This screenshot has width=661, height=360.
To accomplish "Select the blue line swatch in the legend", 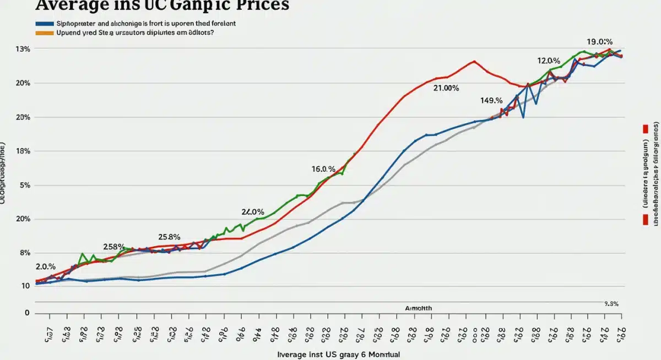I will coord(45,24).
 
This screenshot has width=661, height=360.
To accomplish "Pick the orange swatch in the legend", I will coord(45,32).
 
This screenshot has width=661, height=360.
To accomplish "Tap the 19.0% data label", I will coord(600,42).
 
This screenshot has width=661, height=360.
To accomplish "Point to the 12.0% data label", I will coord(549,61).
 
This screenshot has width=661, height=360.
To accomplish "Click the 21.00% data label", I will coord(446,88).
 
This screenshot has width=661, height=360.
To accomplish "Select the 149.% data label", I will coord(491,101).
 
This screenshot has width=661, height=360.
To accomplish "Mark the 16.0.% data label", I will coord(323,169).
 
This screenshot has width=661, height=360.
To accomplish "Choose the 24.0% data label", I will coord(253,211).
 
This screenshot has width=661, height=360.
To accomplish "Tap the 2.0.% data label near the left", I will coord(46,266).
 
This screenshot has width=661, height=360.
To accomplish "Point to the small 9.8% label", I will coord(611,303).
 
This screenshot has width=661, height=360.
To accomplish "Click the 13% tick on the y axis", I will coord(23,49).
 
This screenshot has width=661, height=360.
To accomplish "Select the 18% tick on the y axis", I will coord(23,151).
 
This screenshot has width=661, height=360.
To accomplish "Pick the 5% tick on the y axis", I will coord(24,186).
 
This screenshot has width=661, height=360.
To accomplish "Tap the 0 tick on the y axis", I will coord(26,313).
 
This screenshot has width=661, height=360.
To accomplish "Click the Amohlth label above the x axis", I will coord(419,308).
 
